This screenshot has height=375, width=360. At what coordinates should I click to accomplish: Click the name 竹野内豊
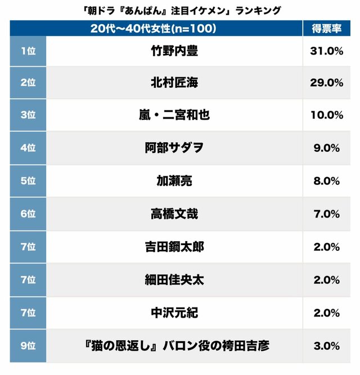[x=174, y=51]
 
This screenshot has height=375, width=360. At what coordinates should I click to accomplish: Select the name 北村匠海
[x=174, y=83]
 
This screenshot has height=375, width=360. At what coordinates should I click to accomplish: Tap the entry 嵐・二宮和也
[x=174, y=115]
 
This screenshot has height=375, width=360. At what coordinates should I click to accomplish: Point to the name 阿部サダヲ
[x=174, y=148]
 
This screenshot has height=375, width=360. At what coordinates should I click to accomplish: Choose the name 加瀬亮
[x=174, y=180]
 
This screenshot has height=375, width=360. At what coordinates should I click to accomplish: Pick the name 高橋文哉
[x=174, y=214]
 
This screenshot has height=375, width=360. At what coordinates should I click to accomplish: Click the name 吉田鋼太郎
[x=174, y=246]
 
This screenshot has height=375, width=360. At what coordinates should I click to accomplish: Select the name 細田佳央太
[x=174, y=279]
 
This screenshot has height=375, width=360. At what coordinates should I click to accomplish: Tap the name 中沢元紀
[x=174, y=312]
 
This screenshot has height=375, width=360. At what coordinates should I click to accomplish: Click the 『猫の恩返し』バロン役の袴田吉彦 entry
[x=174, y=345]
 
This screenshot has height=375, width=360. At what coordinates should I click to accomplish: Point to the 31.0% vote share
[x=326, y=51]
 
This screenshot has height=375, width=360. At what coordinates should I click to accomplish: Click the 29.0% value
[x=326, y=83]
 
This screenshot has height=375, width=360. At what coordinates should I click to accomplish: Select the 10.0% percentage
[x=326, y=115]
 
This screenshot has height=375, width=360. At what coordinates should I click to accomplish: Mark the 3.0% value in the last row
[x=326, y=345]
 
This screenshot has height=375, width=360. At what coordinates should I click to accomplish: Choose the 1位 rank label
[x=28, y=51]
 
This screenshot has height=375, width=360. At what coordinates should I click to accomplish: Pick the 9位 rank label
[x=28, y=345]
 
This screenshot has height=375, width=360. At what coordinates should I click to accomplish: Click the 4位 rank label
[x=28, y=148]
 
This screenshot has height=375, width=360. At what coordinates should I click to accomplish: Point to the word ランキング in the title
[x=253, y=10]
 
